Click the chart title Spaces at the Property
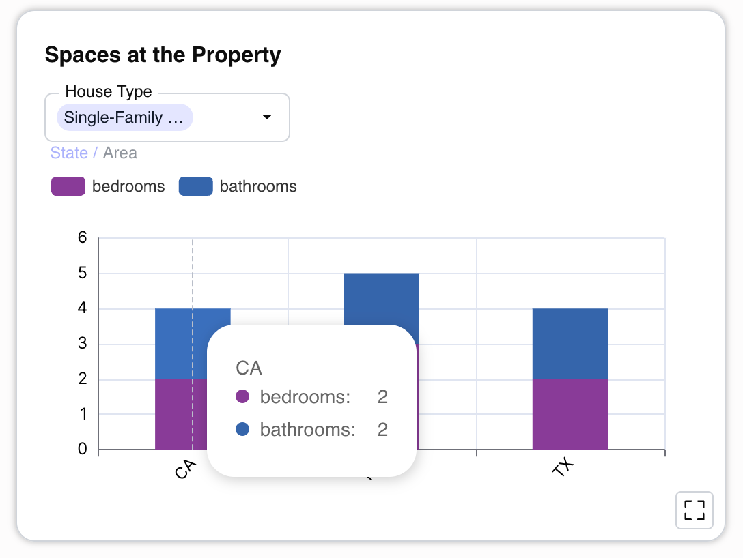(x=163, y=55)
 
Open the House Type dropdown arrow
(x=267, y=117)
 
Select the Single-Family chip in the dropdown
(x=125, y=117)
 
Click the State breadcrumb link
(x=69, y=153)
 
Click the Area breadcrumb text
(x=120, y=153)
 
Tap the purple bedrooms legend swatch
(x=68, y=186)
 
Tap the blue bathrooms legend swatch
(x=195, y=186)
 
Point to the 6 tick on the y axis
(x=83, y=237)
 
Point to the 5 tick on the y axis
(x=83, y=273)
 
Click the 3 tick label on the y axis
(x=83, y=343)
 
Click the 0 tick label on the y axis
(x=83, y=449)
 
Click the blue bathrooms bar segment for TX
(x=570, y=343)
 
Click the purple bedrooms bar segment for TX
(x=570, y=414)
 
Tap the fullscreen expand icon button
(x=694, y=510)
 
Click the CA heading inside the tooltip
(x=249, y=368)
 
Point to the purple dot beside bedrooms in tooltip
(x=242, y=397)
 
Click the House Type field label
(x=109, y=91)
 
